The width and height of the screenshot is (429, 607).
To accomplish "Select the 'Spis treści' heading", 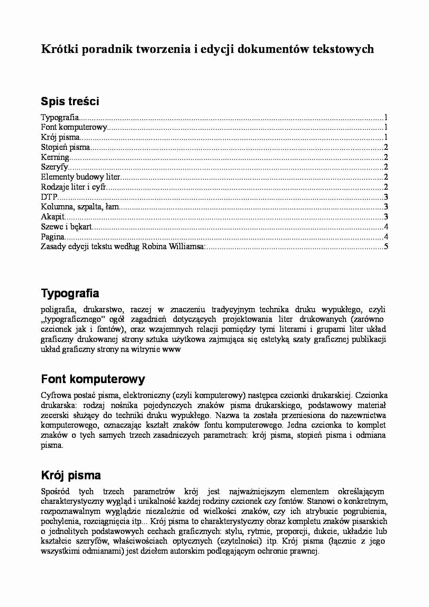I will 70,101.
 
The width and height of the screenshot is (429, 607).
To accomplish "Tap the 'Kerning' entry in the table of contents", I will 55,157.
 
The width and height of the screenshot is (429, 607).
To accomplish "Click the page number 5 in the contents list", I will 386,247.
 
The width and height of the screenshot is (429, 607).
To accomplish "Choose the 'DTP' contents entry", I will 49,197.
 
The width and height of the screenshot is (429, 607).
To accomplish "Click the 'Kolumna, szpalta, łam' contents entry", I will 80,207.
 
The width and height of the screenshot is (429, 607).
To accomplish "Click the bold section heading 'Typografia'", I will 70,293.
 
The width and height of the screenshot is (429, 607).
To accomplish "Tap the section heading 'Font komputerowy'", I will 93,379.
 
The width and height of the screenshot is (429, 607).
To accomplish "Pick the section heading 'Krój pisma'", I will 71,475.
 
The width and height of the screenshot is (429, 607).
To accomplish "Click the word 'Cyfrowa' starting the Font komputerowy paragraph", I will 55,395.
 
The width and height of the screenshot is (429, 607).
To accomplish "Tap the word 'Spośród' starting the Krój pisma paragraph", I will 55,491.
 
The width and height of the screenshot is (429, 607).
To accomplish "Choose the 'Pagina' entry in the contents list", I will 53,237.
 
